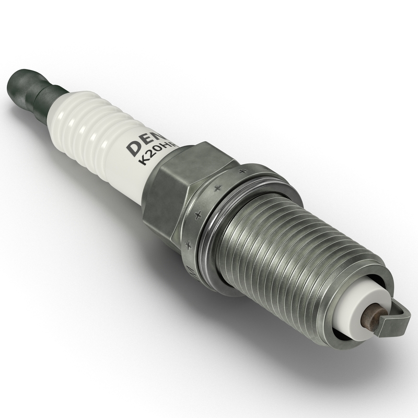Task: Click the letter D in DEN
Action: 133,147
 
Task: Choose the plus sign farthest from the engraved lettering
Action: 242,170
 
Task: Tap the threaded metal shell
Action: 293,246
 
